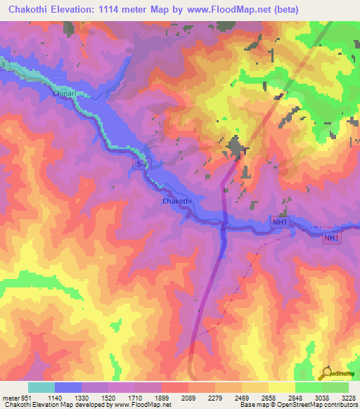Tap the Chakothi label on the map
(176, 201)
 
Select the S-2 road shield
(141, 162)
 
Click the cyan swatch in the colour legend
(41, 387)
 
